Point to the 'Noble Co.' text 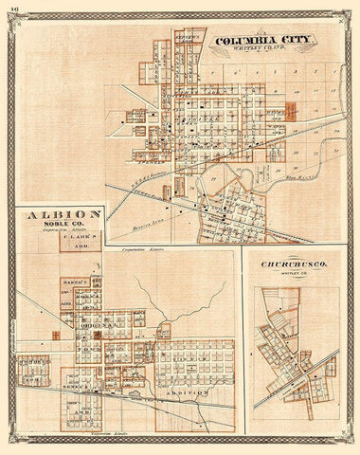[62, 224]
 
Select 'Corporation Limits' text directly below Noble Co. [62, 230]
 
